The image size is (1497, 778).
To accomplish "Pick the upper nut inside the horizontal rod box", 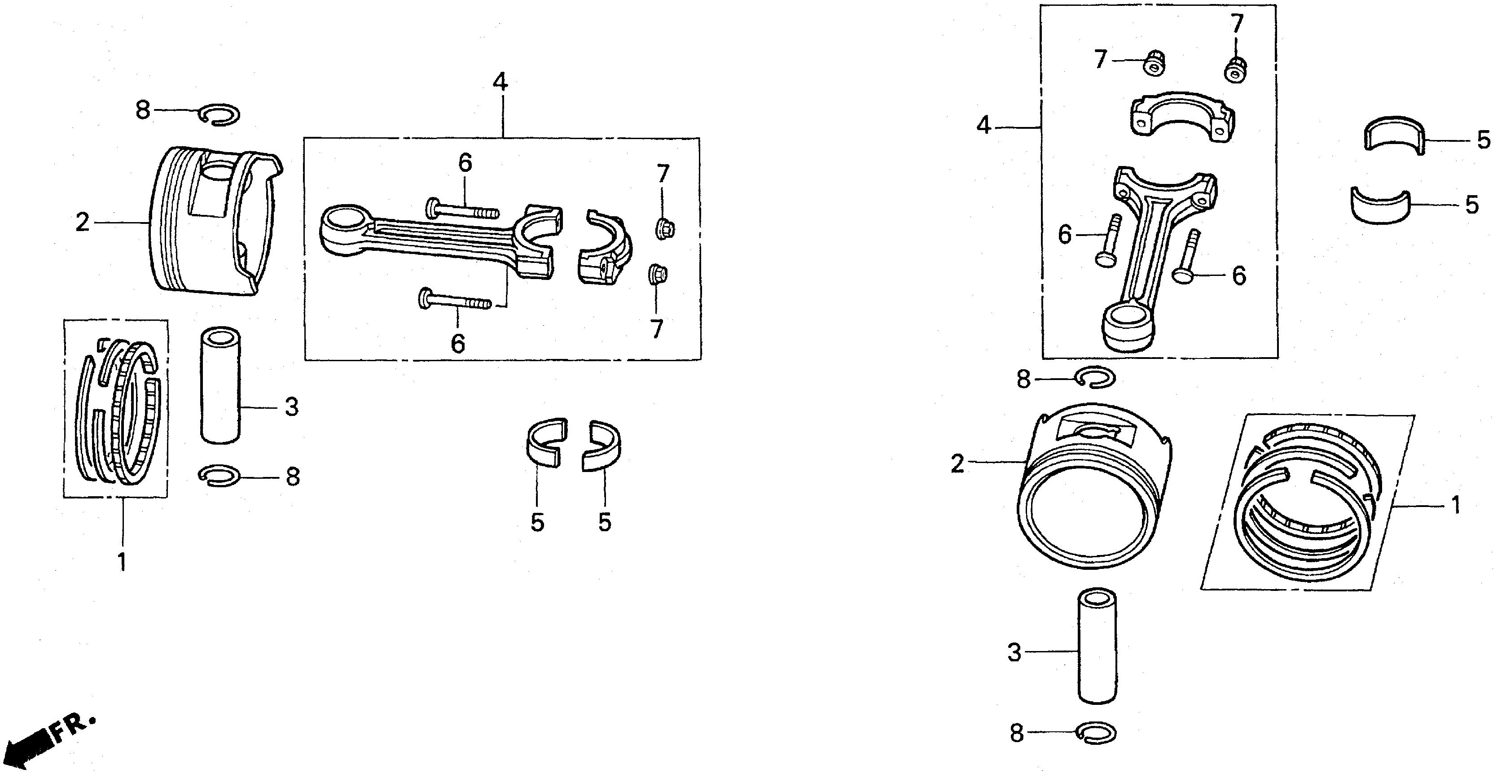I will pyautogui.click(x=665, y=228).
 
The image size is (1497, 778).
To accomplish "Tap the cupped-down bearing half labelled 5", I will pyautogui.click(x=1379, y=206).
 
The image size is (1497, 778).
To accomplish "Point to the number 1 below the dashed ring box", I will pyautogui.click(x=122, y=563).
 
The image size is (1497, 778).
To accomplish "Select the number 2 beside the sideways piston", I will pyautogui.click(x=83, y=223).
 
